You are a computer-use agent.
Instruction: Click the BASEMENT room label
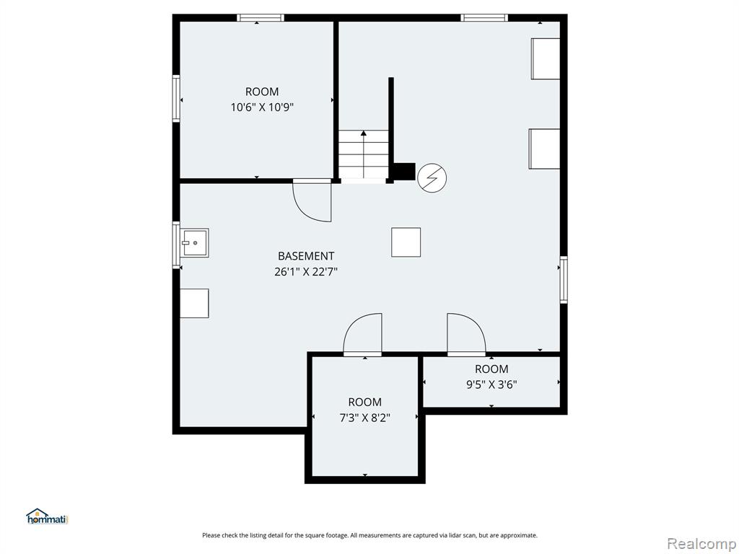(x=306, y=256)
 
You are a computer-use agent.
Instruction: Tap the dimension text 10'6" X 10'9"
(x=262, y=107)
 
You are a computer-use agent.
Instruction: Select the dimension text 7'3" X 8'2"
(x=364, y=418)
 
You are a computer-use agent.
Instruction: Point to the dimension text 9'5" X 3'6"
(x=491, y=385)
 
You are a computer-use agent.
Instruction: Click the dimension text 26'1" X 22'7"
(x=306, y=272)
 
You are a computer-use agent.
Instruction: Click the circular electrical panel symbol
(x=432, y=178)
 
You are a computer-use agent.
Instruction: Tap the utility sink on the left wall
(x=196, y=243)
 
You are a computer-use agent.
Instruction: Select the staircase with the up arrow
(x=364, y=154)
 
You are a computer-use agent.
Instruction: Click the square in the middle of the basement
(x=406, y=242)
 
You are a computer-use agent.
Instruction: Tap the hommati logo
(x=47, y=516)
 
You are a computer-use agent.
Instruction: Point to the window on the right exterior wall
(x=563, y=280)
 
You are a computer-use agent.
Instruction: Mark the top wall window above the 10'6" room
(x=260, y=18)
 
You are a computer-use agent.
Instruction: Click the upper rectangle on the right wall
(x=546, y=58)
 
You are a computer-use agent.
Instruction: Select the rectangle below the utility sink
(x=194, y=304)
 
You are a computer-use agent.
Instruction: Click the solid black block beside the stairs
(x=404, y=172)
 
